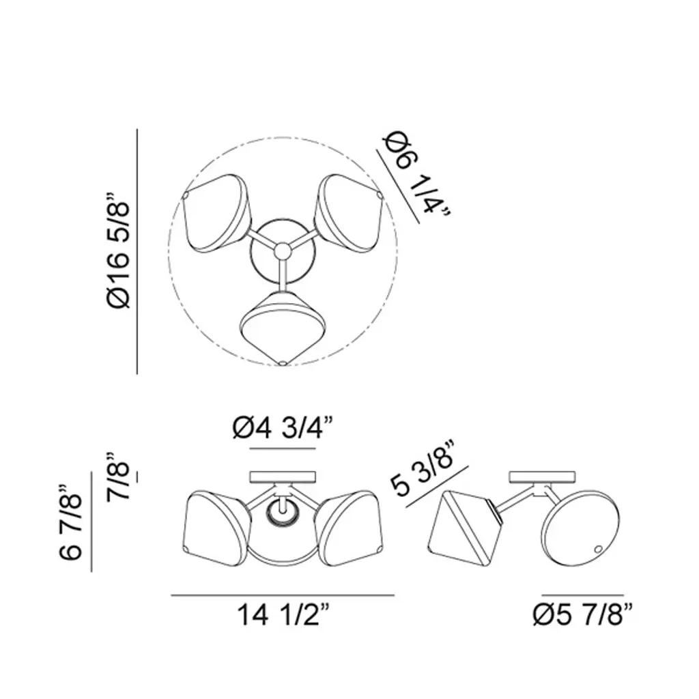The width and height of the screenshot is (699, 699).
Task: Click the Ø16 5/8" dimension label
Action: [x=118, y=251]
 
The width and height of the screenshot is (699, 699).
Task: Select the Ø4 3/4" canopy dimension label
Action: [x=283, y=428]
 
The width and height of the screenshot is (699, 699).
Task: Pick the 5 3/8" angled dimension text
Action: [x=423, y=468]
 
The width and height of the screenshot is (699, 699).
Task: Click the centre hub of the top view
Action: [x=282, y=251]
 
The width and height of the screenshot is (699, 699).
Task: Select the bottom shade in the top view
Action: [x=282, y=328]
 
